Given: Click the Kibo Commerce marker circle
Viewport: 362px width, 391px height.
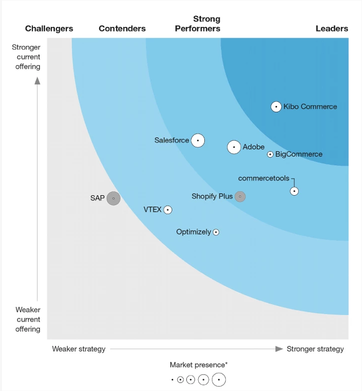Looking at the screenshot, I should pyautogui.click(x=276, y=106).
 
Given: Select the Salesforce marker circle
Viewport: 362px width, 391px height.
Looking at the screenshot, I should pyautogui.click(x=198, y=141).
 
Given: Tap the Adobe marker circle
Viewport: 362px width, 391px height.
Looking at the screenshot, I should pyautogui.click(x=234, y=147).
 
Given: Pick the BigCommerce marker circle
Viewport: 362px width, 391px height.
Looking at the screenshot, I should pyautogui.click(x=270, y=154).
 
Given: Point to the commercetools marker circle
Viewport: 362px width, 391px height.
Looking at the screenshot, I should pyautogui.click(x=295, y=191).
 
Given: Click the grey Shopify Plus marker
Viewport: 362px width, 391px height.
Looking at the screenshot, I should pyautogui.click(x=240, y=196).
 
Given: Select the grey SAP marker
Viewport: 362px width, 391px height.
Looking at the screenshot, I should pyautogui.click(x=113, y=198).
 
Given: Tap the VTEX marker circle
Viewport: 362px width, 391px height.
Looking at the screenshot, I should pyautogui.click(x=168, y=210).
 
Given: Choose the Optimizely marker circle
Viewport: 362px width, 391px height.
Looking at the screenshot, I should pyautogui.click(x=216, y=232).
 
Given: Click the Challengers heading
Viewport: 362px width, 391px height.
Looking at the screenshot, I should pyautogui.click(x=49, y=28).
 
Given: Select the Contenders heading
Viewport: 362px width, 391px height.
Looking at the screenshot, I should pyautogui.click(x=122, y=28).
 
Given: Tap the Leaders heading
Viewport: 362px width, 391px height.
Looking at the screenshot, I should pyautogui.click(x=332, y=28).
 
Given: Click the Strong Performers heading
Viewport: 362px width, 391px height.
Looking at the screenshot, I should pyautogui.click(x=198, y=23).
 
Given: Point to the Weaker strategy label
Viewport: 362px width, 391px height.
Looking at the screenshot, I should pyautogui.click(x=79, y=349).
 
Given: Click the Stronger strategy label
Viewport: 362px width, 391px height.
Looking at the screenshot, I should pyautogui.click(x=315, y=349).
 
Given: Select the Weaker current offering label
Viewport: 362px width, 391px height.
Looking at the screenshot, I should pyautogui.click(x=27, y=319).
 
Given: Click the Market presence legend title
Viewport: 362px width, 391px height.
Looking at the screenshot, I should pyautogui.click(x=198, y=365).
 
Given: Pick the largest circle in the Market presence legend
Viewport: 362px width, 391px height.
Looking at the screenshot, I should pyautogui.click(x=219, y=380).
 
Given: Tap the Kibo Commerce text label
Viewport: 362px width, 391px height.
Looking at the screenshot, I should pyautogui.click(x=310, y=106).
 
